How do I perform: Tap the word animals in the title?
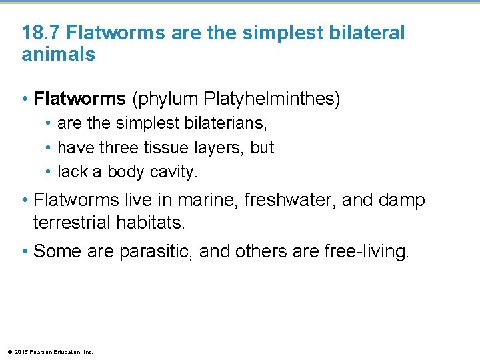click(59, 55)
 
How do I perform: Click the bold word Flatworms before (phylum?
click(79, 99)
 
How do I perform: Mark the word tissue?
click(176, 147)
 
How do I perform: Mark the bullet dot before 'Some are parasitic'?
click(25, 251)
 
